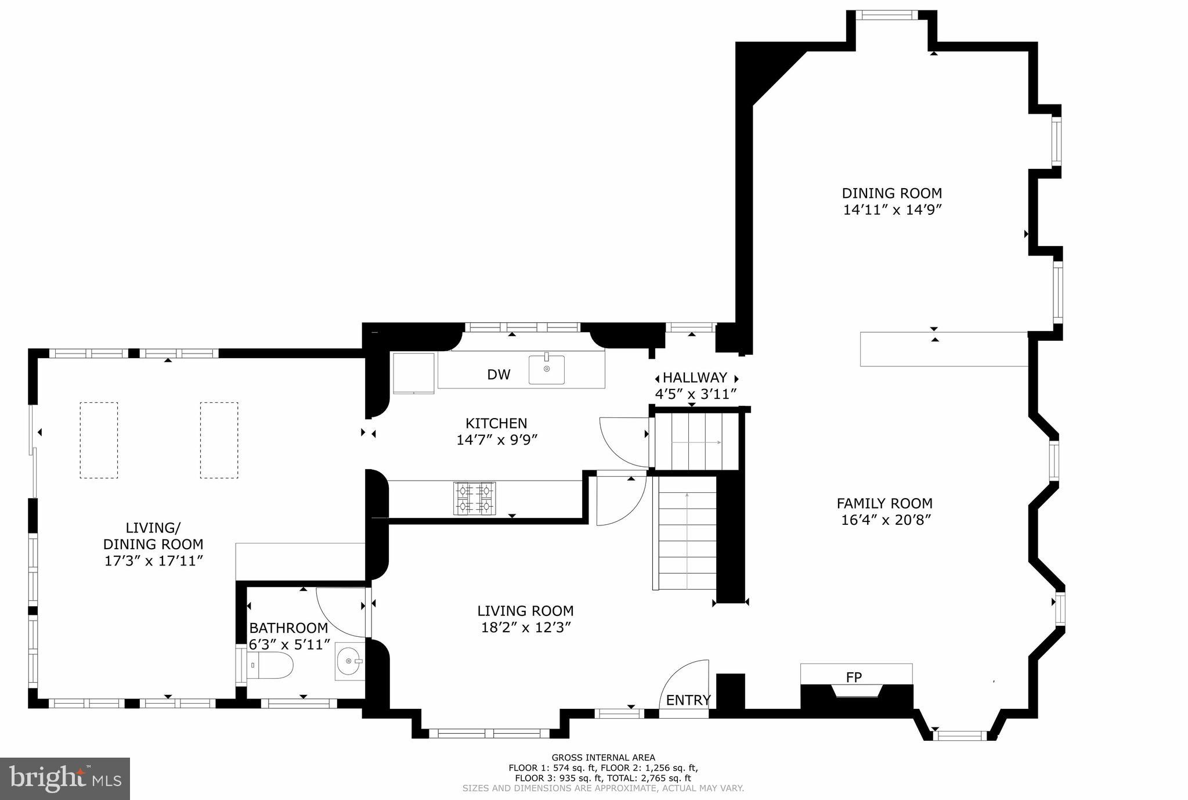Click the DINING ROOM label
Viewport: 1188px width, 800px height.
click(891, 193)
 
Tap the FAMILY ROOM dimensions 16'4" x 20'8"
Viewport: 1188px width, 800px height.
click(886, 520)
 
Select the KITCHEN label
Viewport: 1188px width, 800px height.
click(496, 424)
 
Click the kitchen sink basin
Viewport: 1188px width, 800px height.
click(546, 369)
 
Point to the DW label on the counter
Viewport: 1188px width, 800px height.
click(498, 375)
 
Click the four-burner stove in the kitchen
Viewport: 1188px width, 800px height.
click(474, 499)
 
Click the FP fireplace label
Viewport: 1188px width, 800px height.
click(853, 677)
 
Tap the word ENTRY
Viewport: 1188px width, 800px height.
click(688, 700)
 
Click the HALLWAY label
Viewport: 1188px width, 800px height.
click(695, 378)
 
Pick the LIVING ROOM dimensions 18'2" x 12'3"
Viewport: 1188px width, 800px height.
click(526, 628)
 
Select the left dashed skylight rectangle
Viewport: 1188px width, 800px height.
click(99, 440)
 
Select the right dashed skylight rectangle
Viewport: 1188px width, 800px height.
click(219, 440)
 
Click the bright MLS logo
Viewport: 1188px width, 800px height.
click(65, 779)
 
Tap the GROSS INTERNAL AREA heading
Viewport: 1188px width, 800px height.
click(603, 757)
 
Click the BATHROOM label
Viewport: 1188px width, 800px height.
click(288, 628)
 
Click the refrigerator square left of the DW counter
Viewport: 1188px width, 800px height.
click(414, 373)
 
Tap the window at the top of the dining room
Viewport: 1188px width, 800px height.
click(887, 15)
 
